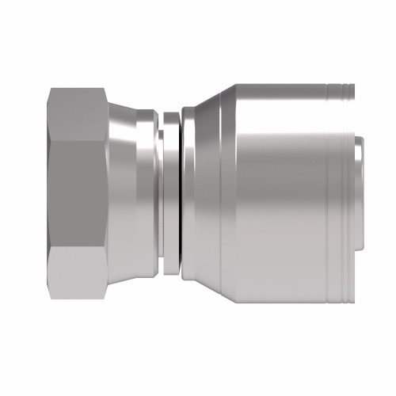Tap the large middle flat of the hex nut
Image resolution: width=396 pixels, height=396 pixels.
79,194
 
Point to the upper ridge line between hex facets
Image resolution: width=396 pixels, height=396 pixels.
79,139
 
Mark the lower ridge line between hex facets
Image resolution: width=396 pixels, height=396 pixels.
79,252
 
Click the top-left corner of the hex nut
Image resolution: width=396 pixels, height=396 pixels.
49,89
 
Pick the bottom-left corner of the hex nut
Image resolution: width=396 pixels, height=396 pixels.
49,299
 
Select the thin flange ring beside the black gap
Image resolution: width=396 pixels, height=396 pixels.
169,194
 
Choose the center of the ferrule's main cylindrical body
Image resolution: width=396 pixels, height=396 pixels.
277,194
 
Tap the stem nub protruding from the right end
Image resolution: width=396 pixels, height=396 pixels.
358,194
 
